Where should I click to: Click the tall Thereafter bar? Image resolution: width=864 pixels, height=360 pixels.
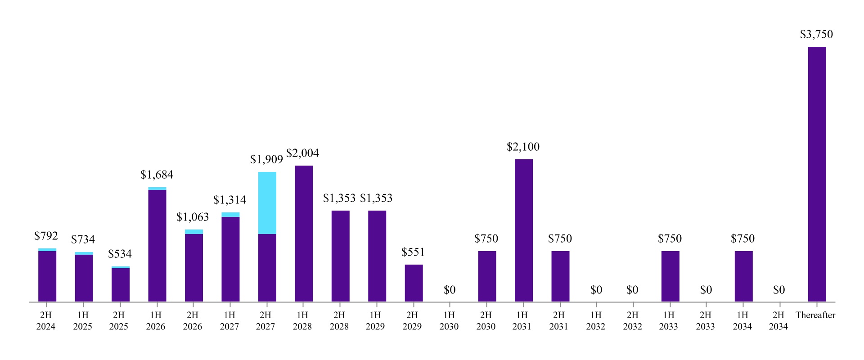click(x=817, y=175)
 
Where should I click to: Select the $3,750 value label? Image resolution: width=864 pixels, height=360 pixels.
click(x=816, y=35)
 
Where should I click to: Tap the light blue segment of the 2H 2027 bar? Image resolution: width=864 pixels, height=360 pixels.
click(x=267, y=202)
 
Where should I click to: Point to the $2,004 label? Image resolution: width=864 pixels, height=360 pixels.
click(x=302, y=153)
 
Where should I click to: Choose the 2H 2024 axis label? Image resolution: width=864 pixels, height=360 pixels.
click(x=46, y=320)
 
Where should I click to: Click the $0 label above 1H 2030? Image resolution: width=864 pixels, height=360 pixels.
click(x=450, y=290)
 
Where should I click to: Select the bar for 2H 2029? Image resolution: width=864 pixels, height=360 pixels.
click(x=414, y=283)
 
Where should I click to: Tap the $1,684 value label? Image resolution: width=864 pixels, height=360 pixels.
click(x=157, y=175)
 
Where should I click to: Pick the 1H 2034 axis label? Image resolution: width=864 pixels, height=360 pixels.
click(x=742, y=320)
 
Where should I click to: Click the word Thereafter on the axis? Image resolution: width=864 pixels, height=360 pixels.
click(x=815, y=315)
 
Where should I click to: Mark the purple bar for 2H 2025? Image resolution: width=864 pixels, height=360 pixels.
click(x=120, y=285)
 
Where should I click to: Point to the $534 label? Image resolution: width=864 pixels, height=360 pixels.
click(x=120, y=254)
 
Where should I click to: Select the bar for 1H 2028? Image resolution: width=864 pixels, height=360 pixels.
click(x=304, y=234)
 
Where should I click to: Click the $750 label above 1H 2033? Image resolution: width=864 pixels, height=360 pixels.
click(x=670, y=239)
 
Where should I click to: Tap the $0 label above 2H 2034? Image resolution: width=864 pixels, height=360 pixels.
click(x=778, y=290)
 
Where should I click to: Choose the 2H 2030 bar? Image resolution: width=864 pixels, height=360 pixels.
click(x=487, y=276)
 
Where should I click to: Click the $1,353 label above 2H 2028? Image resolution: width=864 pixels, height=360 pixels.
click(x=339, y=198)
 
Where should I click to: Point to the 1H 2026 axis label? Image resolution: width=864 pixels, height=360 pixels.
click(x=156, y=320)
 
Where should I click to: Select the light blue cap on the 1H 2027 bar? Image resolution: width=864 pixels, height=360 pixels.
click(x=230, y=215)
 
